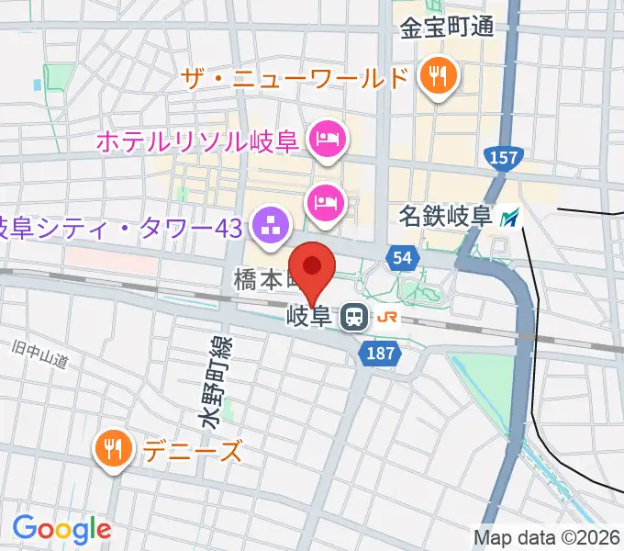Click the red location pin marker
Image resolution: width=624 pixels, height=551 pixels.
coord(313,267)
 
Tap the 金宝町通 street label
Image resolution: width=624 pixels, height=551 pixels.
coord(446,27)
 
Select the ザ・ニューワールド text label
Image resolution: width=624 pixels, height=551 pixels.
coord(295,78)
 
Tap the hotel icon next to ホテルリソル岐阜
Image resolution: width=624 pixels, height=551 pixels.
coord(327,140)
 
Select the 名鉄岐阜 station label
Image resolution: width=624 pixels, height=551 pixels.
coord(446,218)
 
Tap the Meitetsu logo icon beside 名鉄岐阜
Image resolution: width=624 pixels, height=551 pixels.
coord(510,219)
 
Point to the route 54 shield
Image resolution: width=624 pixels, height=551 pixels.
coord(401,259)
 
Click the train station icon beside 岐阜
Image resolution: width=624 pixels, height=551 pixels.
coord(352,319)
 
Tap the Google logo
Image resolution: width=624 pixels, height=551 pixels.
coord(61,529)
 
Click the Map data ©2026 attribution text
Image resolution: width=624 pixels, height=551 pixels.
coord(547,537)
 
